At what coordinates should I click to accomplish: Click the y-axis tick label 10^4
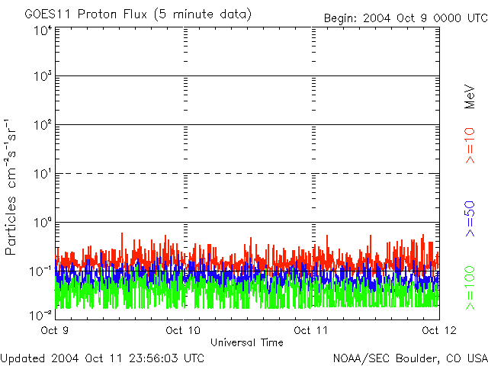coord(43,30)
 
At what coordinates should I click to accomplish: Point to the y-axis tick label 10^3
coord(43,77)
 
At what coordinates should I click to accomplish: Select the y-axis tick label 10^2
coord(43,126)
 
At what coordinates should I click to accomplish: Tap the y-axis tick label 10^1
coord(43,175)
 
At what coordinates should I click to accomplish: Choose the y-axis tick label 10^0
coord(43,223)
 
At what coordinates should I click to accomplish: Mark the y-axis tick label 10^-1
coord(41,271)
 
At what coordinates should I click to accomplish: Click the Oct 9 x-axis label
coord(55,331)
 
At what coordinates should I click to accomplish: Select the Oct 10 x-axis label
coord(183,331)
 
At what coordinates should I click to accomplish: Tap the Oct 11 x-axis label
coord(311,331)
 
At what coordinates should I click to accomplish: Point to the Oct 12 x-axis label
coord(439,331)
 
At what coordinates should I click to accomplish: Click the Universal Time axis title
coord(247,342)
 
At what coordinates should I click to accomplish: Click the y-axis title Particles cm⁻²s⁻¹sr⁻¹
coord(13,187)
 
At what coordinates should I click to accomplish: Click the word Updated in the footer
coord(23,357)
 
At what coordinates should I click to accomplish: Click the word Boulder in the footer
coord(415,357)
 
